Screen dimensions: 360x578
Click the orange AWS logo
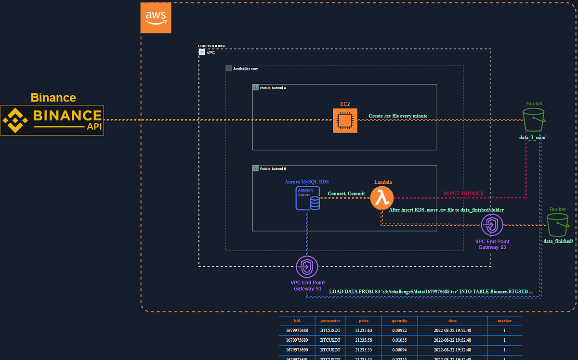point(156,18)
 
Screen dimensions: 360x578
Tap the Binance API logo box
point(52,120)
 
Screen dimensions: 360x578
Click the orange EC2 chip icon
point(344,120)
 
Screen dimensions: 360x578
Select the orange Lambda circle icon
point(382,197)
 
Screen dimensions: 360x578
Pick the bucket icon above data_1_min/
point(534,119)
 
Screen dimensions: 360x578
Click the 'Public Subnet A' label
point(273,88)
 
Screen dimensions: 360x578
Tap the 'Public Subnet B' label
point(273,169)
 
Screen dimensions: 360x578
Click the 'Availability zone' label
point(245,69)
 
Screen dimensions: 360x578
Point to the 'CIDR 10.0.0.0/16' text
point(211,46)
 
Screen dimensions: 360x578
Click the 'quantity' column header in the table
point(399,321)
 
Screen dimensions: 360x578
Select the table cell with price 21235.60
point(363,330)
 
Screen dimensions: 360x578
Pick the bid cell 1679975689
point(297,340)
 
